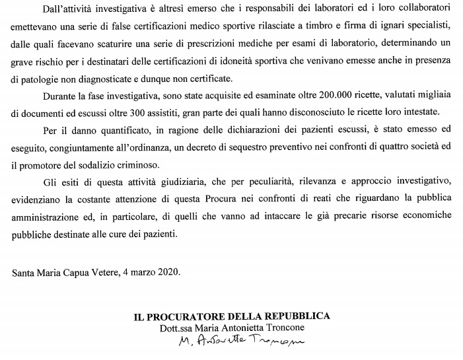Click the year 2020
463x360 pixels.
168,271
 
